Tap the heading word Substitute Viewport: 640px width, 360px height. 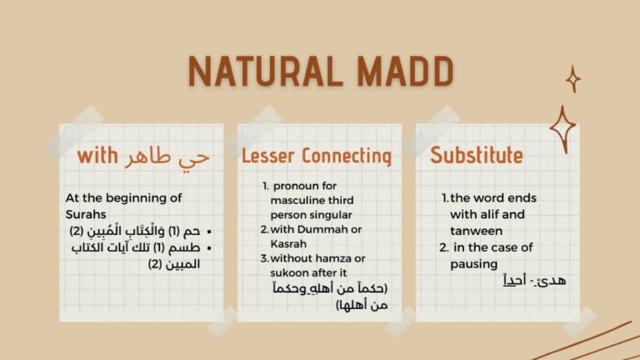pos(476,155)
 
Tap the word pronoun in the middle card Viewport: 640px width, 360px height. pos(295,186)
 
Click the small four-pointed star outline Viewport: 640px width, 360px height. pos(572,79)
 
